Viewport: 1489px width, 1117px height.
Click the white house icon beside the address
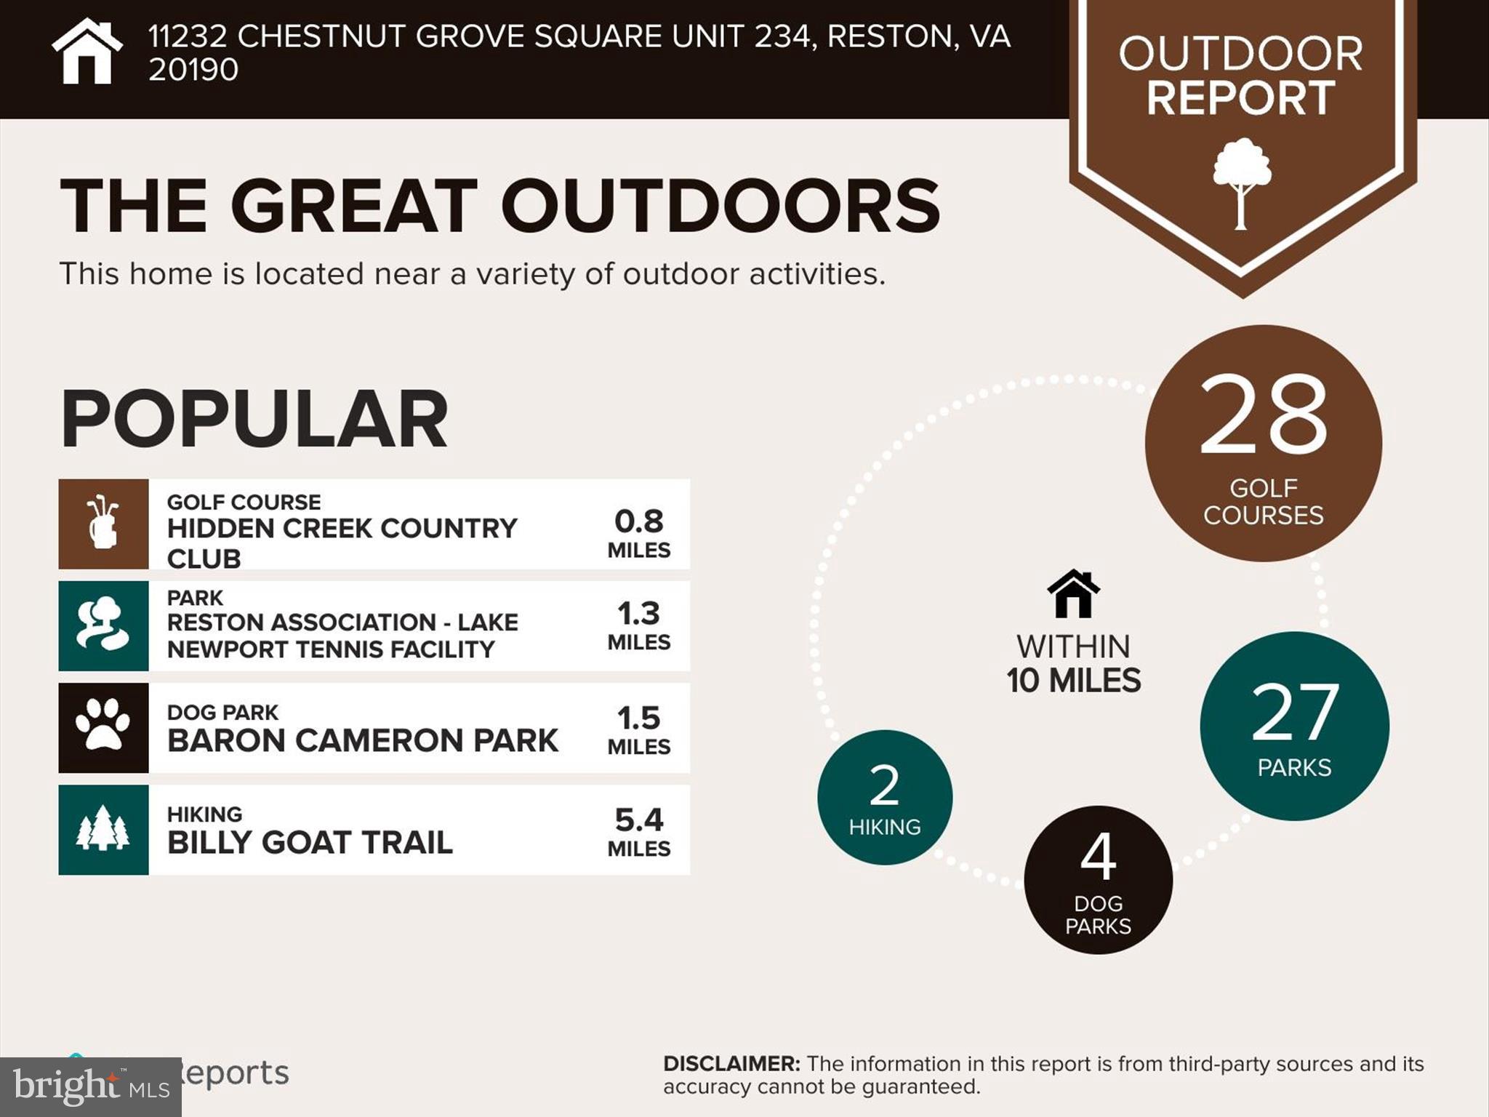coord(87,52)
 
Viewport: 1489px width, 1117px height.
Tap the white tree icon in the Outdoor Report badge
coord(1242,182)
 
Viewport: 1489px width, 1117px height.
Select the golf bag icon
coord(103,523)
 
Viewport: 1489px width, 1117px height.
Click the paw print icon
coord(103,725)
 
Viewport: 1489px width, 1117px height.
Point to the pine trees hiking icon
coord(103,828)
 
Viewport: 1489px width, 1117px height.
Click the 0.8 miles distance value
coord(638,521)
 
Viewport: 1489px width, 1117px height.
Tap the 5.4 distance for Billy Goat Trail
coord(638,820)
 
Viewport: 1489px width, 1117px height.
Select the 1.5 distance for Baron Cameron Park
coord(638,718)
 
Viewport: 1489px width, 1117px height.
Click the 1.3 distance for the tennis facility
coord(638,614)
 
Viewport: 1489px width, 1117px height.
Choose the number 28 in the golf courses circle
coord(1264,415)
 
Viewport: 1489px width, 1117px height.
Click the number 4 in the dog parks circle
coord(1098,857)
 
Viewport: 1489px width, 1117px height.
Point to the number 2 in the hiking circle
coord(885,786)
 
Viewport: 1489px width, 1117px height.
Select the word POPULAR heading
coord(254,420)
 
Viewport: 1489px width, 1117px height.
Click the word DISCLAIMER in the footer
coord(731,1064)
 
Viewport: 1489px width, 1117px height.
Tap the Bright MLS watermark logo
coord(90,1086)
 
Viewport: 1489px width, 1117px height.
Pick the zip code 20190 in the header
coord(193,71)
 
